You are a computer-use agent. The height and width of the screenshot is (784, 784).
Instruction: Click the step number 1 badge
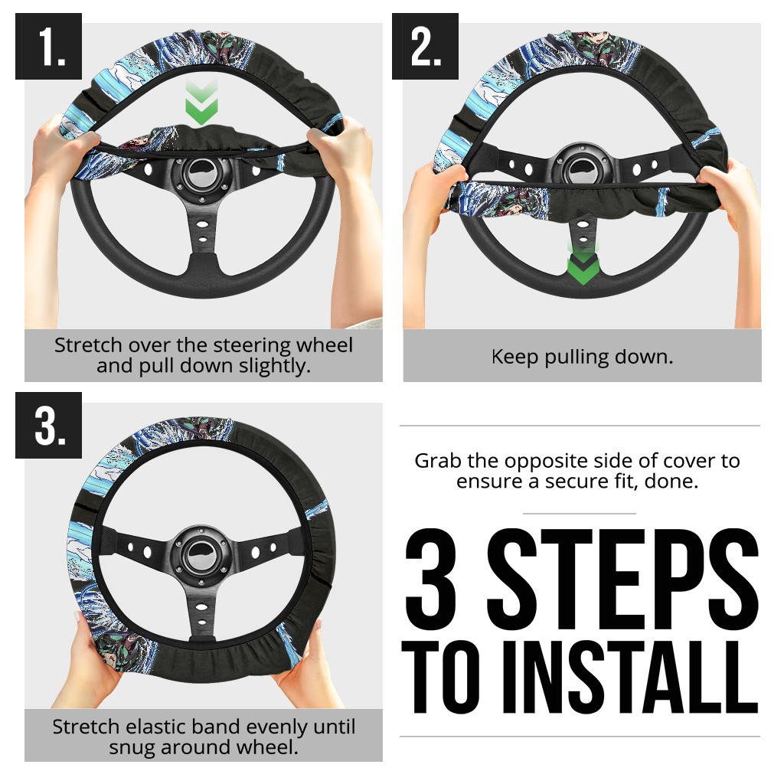(x=48, y=46)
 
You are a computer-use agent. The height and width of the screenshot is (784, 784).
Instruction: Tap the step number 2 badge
(x=425, y=46)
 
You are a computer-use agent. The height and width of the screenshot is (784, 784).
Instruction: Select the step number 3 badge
(x=48, y=425)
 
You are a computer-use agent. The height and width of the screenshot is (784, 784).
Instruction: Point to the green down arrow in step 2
(x=583, y=264)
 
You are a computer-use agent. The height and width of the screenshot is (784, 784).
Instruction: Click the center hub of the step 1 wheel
(x=202, y=175)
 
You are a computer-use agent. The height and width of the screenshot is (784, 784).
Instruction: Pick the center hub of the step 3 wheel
(x=201, y=554)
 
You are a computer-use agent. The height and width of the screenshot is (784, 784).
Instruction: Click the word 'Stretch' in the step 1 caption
(x=88, y=345)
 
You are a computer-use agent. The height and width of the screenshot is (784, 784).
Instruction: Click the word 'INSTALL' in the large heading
(x=630, y=677)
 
